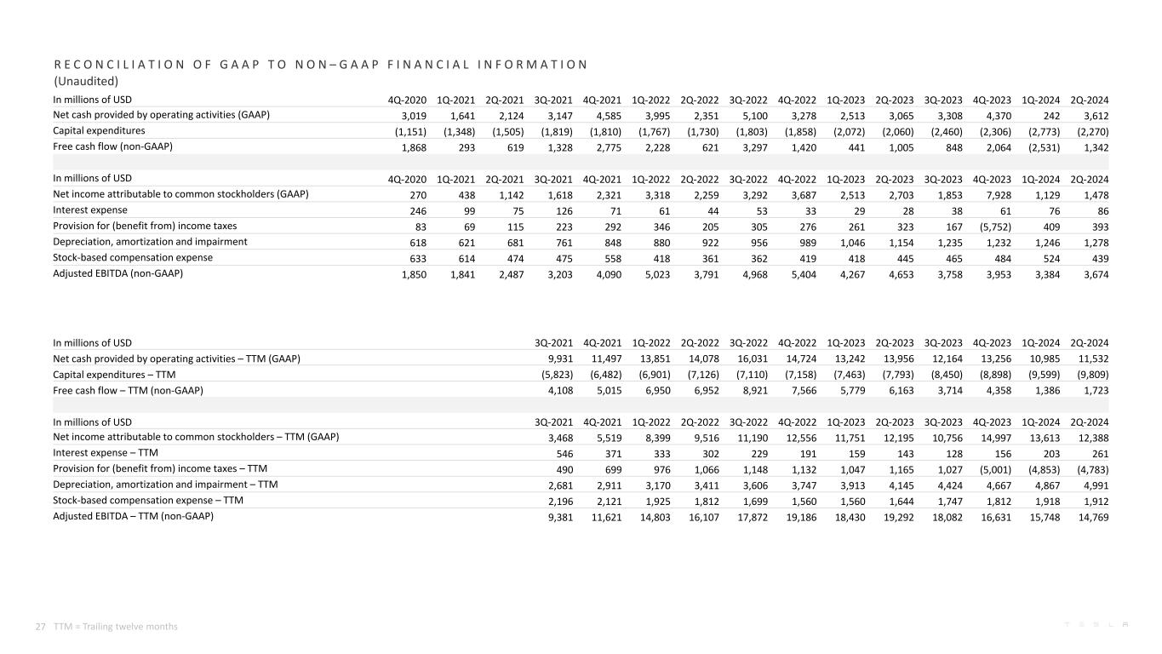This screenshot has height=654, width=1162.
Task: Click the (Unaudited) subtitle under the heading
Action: point(85,82)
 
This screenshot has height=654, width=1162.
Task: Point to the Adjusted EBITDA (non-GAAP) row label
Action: point(118,273)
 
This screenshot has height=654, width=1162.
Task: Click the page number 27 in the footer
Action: point(40,626)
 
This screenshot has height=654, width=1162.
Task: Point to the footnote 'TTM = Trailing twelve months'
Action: point(116,626)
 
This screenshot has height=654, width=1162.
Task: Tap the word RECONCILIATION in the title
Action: point(106,65)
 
